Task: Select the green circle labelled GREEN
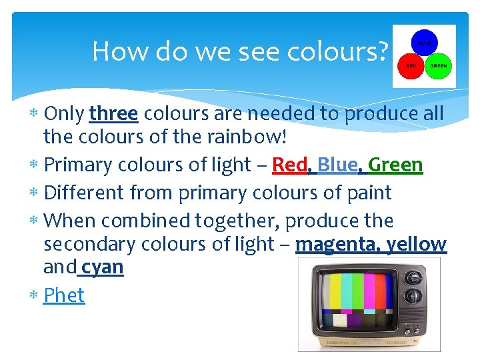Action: (x=438, y=66)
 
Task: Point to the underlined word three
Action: (x=113, y=114)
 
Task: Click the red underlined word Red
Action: (x=289, y=165)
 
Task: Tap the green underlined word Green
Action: (x=395, y=165)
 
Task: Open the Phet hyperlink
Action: (x=64, y=295)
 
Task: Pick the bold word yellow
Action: (x=418, y=245)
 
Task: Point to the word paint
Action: (x=365, y=193)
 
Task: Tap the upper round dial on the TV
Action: (x=414, y=277)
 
